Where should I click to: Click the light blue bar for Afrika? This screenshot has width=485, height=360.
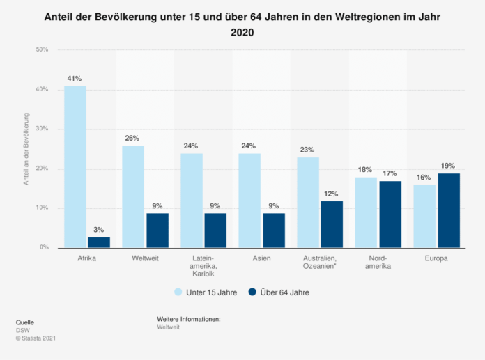click(75, 166)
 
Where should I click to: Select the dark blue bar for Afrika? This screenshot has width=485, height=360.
click(98, 242)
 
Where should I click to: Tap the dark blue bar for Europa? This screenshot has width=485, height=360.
click(449, 210)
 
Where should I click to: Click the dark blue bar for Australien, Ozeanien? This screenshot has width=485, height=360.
click(332, 224)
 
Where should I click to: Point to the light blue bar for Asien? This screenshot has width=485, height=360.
click(250, 201)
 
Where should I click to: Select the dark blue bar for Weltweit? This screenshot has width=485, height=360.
click(157, 230)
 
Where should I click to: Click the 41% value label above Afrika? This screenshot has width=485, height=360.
click(75, 79)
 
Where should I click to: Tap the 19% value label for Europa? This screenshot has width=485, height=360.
click(448, 166)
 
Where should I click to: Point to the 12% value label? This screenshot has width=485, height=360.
click(332, 194)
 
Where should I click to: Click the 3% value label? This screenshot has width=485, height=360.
click(98, 229)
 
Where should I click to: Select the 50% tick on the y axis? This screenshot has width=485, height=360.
click(42, 49)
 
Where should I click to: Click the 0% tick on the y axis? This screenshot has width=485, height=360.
click(44, 247)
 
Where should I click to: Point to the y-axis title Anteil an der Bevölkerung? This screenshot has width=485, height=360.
click(26, 148)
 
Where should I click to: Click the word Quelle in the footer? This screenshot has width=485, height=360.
click(24, 322)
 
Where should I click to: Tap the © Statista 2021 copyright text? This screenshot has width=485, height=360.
click(36, 338)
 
